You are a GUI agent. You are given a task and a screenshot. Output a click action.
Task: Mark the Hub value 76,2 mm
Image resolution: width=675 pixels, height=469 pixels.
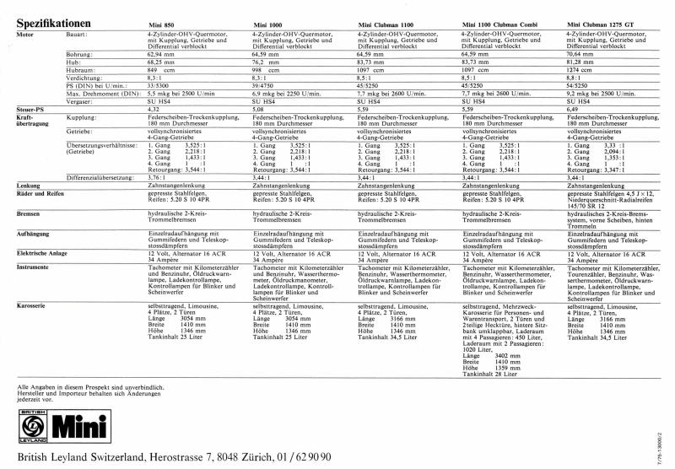267,61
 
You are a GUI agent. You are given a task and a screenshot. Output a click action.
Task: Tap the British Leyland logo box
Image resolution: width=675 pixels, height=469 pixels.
32,430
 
